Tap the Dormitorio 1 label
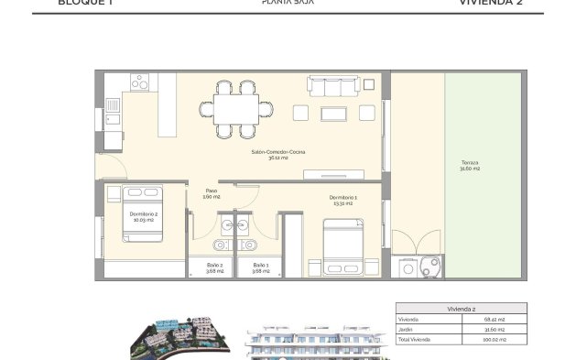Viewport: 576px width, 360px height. [342, 201]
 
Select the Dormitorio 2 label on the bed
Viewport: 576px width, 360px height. [142, 218]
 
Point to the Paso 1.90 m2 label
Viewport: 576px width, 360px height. [210, 194]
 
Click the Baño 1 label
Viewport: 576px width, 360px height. [261, 267]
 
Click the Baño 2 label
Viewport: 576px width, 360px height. [214, 267]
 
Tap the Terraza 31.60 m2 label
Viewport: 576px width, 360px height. [470, 167]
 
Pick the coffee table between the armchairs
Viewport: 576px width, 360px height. [333, 113]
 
